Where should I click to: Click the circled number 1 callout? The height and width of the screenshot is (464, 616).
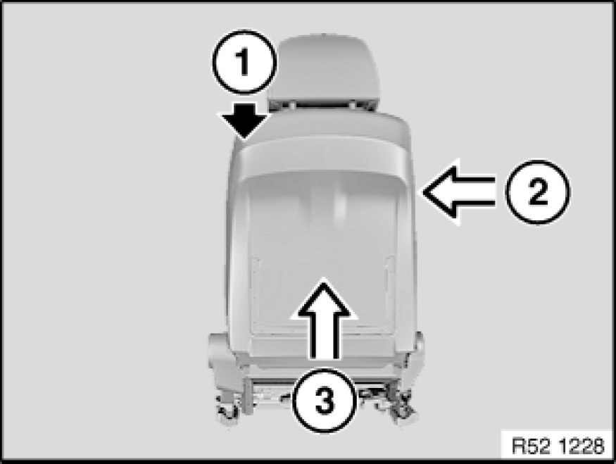(244, 62)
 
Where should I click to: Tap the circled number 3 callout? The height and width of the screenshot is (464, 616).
(325, 401)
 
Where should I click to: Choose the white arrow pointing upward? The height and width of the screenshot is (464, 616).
(324, 318)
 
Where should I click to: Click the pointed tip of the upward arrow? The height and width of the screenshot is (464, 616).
(324, 278)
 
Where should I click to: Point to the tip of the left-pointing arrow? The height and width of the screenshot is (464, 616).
(422, 192)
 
